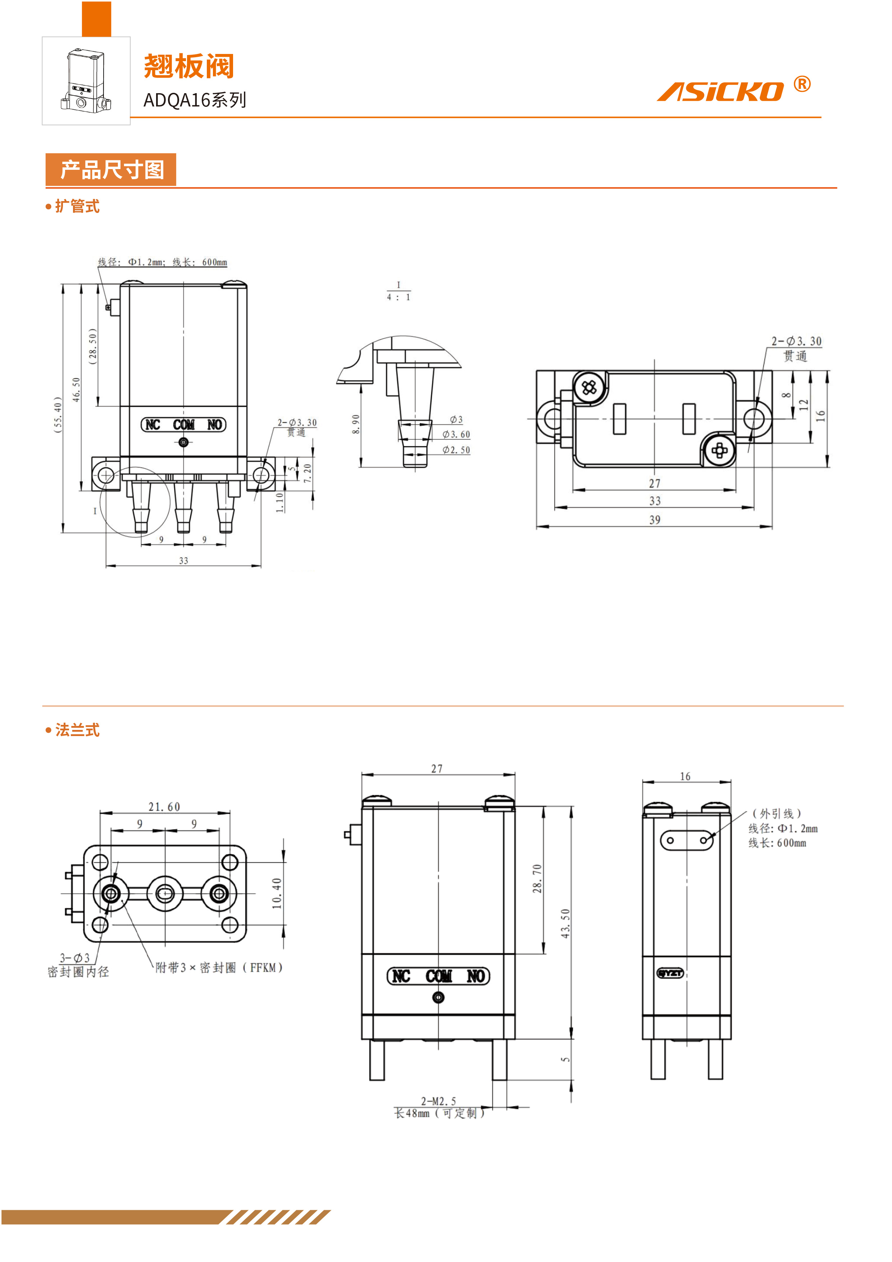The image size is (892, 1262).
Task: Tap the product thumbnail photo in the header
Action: click(86, 81)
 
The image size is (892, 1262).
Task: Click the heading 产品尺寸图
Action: click(111, 169)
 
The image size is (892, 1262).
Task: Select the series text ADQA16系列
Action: click(195, 100)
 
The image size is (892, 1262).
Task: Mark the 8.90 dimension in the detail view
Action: click(356, 424)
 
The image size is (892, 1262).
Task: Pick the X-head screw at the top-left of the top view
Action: click(589, 387)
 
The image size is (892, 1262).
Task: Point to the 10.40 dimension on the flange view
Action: click(277, 893)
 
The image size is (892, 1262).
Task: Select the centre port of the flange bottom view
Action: click(165, 894)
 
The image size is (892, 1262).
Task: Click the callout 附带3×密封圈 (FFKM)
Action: click(219, 967)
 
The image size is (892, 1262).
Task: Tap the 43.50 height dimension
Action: click(565, 923)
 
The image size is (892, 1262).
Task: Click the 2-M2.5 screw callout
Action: click(438, 1101)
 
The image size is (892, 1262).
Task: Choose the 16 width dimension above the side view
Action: click(685, 776)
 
